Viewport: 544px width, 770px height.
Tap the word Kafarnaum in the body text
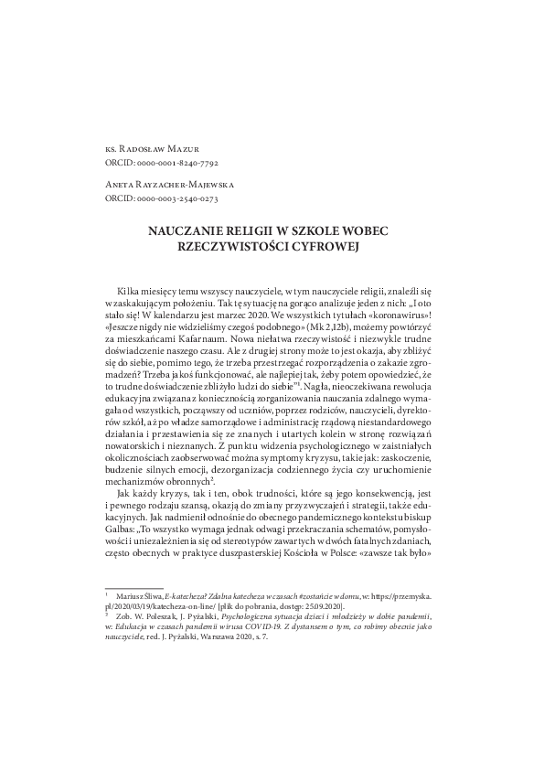click(205, 338)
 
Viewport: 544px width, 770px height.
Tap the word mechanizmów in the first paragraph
click(134, 480)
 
